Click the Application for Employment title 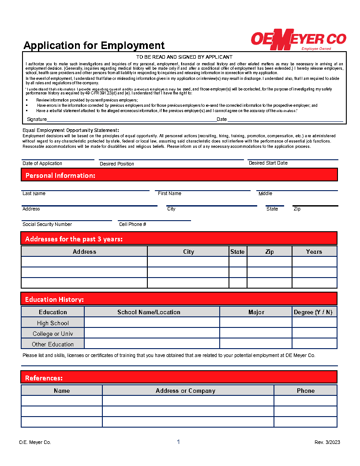point(94,45)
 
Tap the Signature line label point(37,119)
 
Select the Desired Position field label point(117,164)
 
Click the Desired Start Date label point(268,163)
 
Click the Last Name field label point(34,193)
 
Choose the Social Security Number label point(47,224)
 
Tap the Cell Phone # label point(133,224)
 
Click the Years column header point(314,252)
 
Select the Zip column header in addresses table point(270,252)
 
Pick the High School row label point(53,323)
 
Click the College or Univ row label point(53,334)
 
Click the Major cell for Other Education point(256,344)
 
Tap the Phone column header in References point(306,391)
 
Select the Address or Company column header point(186,391)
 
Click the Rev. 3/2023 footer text point(327,442)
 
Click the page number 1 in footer point(178,442)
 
